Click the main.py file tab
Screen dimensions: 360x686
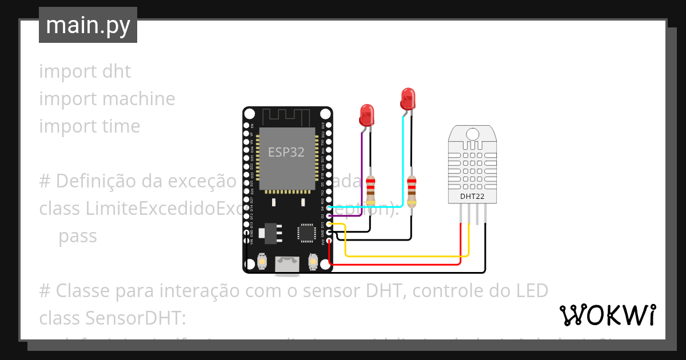pyautogui.click(x=88, y=25)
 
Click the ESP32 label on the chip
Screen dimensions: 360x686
pyautogui.click(x=286, y=152)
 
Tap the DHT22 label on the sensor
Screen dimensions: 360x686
pyautogui.click(x=472, y=197)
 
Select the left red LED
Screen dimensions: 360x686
pyautogui.click(x=366, y=114)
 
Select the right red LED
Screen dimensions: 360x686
pyautogui.click(x=407, y=98)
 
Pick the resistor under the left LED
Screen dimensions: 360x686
pyautogui.click(x=371, y=190)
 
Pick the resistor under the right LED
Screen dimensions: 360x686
pyautogui.click(x=412, y=190)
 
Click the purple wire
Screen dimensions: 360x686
pyautogui.click(x=361, y=171)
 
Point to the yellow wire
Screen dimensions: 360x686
pyautogui.click(x=406, y=256)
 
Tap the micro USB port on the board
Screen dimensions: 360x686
pyautogui.click(x=287, y=263)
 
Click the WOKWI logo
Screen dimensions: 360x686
pyautogui.click(x=607, y=315)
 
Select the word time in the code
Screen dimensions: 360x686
pyautogui.click(x=121, y=126)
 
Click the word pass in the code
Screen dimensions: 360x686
pyautogui.click(x=78, y=236)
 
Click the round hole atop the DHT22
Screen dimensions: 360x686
pyautogui.click(x=472, y=134)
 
